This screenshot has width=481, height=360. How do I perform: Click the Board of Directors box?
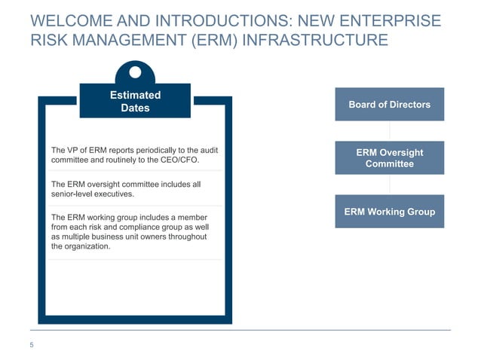[389, 105]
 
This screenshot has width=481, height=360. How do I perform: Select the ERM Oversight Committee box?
[389, 158]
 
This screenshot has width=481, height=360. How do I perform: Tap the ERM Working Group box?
[389, 212]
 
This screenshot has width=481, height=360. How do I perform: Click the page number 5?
[32, 346]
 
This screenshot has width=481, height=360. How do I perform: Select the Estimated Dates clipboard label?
[135, 102]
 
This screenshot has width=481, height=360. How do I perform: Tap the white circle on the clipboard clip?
[136, 73]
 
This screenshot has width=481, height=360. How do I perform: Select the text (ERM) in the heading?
[219, 38]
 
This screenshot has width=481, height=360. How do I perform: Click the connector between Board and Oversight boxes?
[389, 131]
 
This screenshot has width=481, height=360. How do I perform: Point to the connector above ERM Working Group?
[389, 185]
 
